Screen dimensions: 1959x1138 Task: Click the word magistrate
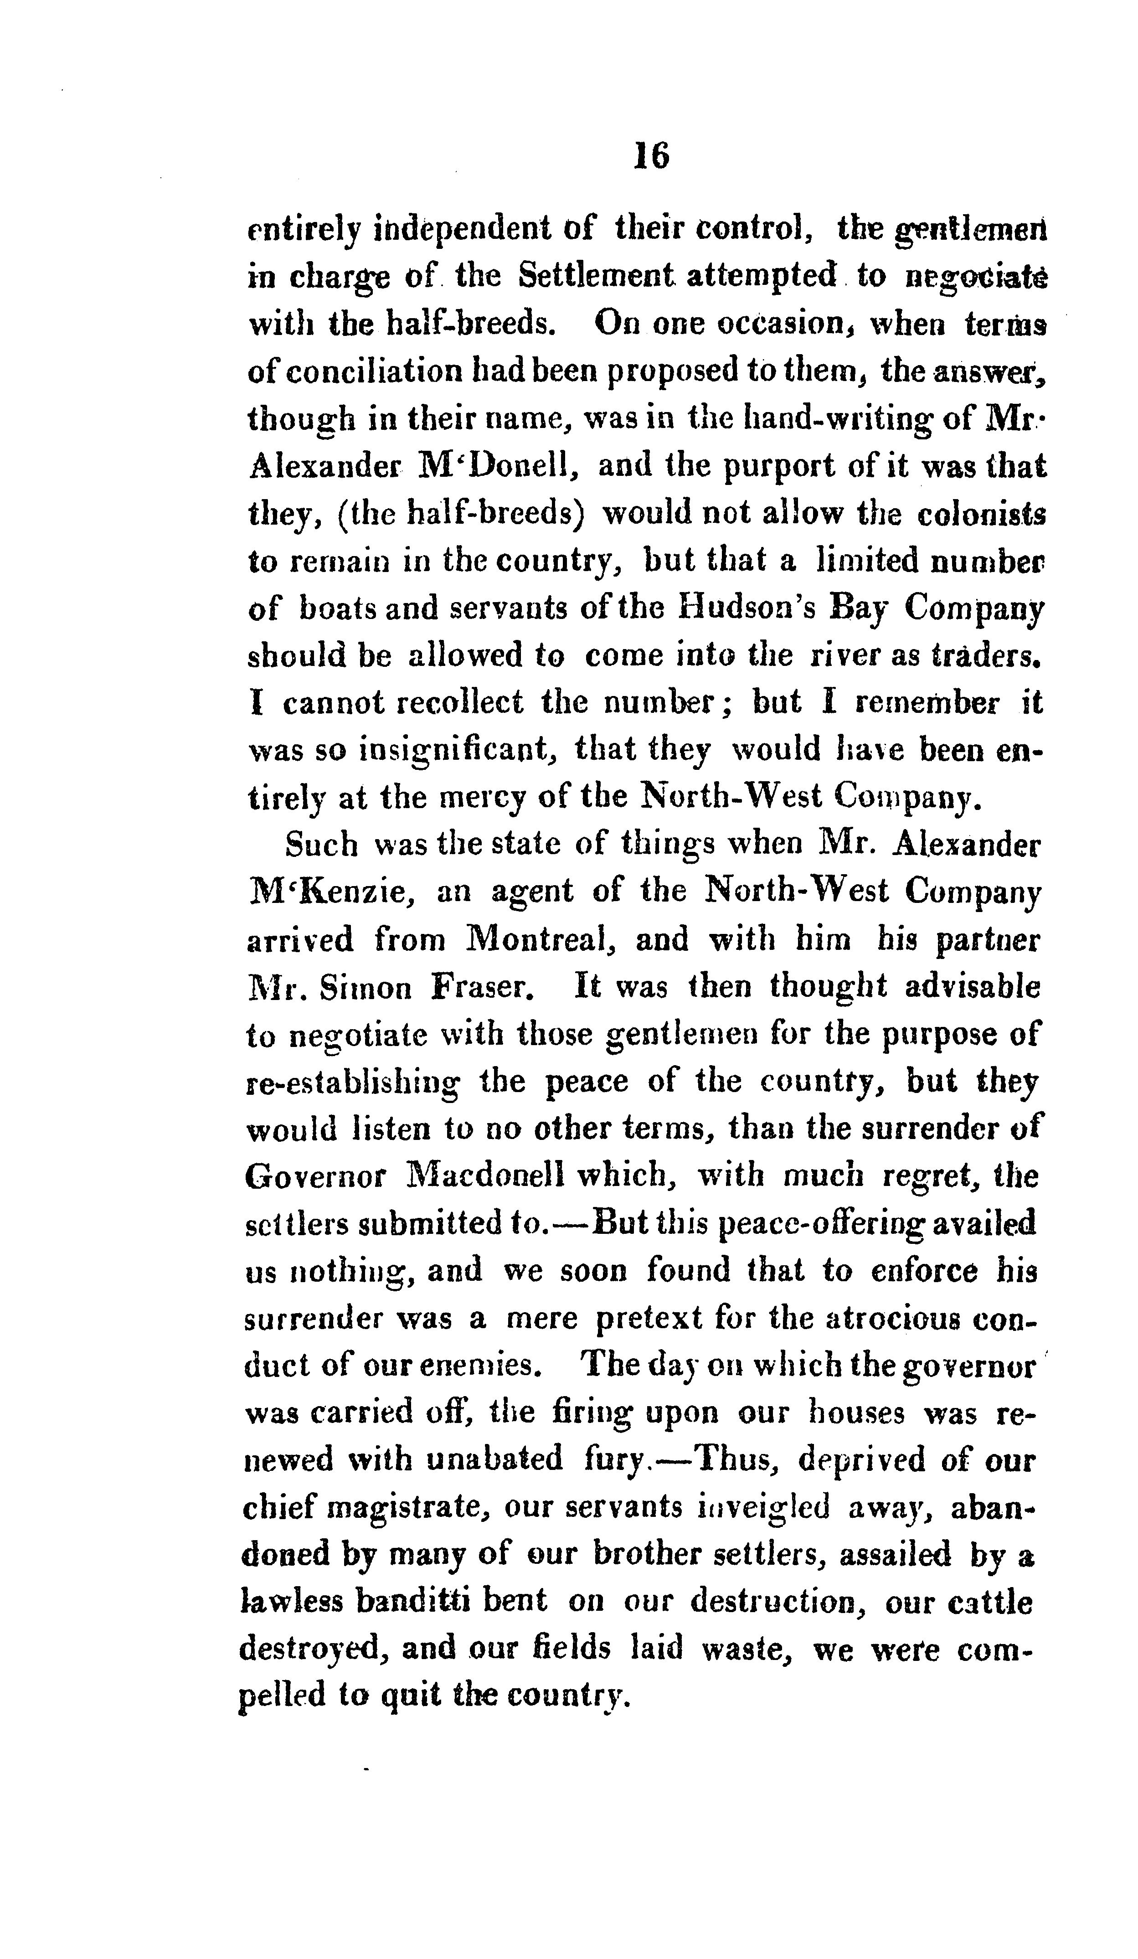click(x=403, y=1509)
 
